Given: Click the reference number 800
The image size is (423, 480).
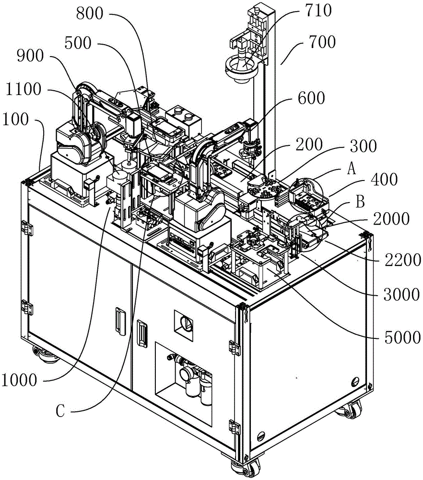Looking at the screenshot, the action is [x=90, y=14].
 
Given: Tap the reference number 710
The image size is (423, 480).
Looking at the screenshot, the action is [x=318, y=11].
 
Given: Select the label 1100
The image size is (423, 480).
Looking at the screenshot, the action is [x=23, y=89].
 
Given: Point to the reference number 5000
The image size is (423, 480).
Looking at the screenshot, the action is [x=402, y=337].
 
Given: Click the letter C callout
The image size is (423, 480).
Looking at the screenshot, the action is [x=60, y=411].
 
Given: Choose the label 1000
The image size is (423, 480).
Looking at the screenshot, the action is [x=19, y=380].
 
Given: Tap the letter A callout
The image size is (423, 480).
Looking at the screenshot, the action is [x=352, y=168].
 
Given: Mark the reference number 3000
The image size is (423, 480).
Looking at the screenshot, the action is [x=401, y=295].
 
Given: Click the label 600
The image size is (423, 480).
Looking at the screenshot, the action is [x=311, y=98].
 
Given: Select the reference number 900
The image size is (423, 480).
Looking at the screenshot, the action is [x=30, y=56].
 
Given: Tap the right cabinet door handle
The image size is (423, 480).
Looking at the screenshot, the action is [x=142, y=334].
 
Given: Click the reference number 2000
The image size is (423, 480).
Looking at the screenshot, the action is [x=391, y=219].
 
